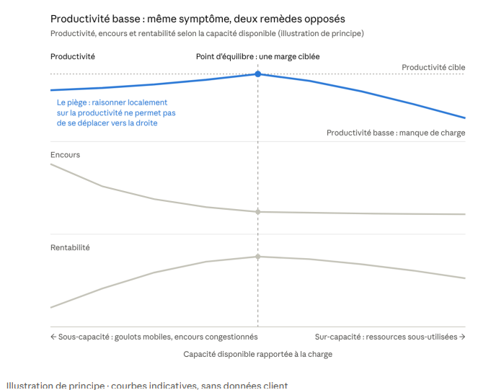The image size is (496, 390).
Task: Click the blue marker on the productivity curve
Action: point(258,74)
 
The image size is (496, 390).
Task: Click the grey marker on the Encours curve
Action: point(258,212)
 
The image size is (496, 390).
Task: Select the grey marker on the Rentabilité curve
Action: point(258,257)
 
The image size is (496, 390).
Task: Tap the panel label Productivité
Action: point(73,57)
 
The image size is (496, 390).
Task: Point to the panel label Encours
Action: point(65,155)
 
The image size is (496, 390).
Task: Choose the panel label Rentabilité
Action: point(70,247)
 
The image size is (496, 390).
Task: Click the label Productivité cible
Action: point(433,67)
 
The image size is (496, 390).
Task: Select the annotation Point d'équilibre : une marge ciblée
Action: point(258,57)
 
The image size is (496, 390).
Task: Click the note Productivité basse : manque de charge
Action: point(396,133)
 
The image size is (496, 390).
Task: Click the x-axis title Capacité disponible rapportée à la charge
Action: point(258,354)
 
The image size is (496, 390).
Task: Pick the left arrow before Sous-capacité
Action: point(53,337)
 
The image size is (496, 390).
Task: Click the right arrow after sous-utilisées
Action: point(462,337)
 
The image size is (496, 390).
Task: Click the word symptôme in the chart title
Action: point(199,19)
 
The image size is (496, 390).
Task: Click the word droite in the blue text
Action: point(147,123)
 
